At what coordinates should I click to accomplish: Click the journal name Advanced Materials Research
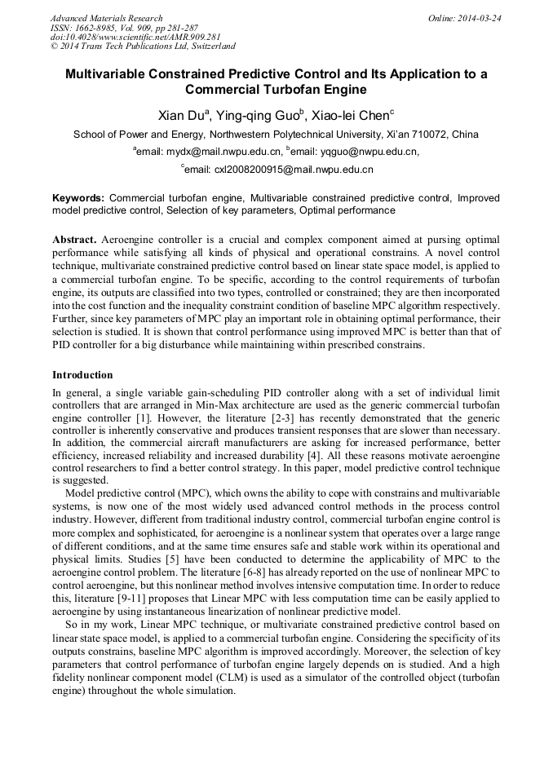click(106, 18)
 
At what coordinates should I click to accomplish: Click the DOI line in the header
click(135, 38)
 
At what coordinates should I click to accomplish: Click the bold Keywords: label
click(78, 198)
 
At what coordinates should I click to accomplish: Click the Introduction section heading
click(82, 375)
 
